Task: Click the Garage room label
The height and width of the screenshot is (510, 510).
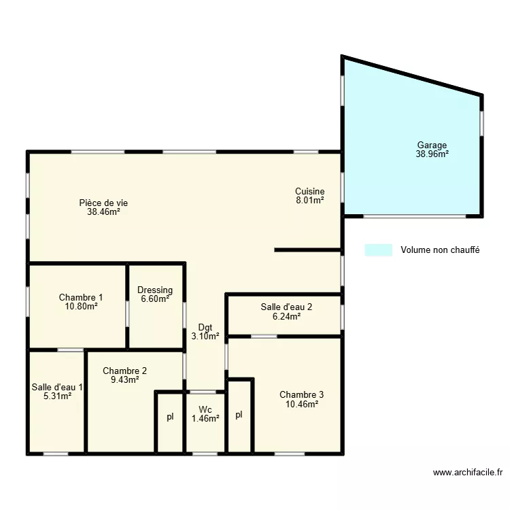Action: click(x=432, y=145)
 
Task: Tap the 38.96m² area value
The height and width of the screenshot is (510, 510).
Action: click(x=432, y=154)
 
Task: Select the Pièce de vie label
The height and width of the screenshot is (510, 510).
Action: click(x=103, y=203)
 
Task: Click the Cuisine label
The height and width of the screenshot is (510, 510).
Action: click(x=309, y=192)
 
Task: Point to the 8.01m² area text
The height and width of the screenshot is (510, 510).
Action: click(x=309, y=201)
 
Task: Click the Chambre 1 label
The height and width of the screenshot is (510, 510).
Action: click(x=81, y=297)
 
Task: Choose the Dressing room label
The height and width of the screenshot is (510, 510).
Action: click(x=155, y=290)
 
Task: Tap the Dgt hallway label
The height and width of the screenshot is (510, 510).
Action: click(x=205, y=327)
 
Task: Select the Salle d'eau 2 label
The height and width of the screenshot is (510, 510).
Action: click(x=286, y=307)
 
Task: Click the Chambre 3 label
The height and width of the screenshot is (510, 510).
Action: click(x=301, y=394)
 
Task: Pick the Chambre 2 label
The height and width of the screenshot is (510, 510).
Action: click(x=124, y=371)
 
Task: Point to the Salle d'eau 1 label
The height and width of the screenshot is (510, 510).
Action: click(x=57, y=387)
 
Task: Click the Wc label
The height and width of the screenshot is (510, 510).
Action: click(x=205, y=409)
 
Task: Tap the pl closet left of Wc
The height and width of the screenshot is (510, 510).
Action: click(x=170, y=417)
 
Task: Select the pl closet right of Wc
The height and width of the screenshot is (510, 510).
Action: click(x=239, y=415)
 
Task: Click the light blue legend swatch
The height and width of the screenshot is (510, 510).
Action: click(x=378, y=250)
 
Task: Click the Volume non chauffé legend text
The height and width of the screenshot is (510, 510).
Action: click(x=440, y=250)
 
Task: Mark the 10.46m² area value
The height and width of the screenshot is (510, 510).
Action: click(x=301, y=404)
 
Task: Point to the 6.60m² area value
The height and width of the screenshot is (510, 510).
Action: click(x=155, y=299)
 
